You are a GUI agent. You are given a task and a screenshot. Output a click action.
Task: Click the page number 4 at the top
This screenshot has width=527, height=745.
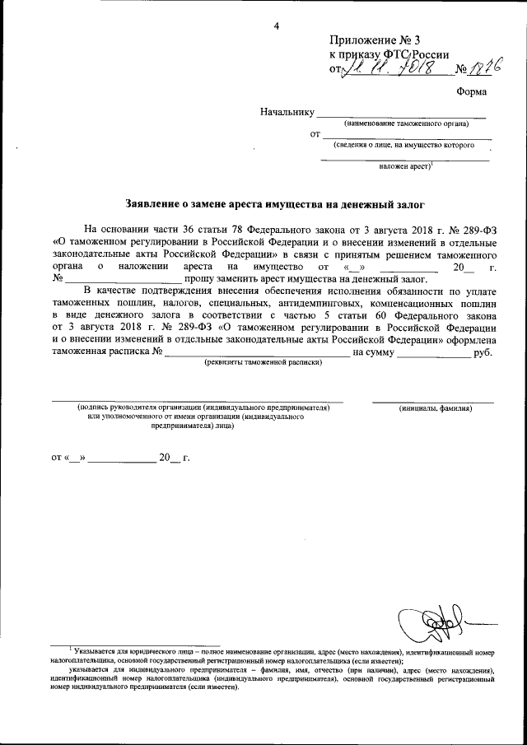277,26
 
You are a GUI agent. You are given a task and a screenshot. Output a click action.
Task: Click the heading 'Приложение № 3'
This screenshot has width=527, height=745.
374,40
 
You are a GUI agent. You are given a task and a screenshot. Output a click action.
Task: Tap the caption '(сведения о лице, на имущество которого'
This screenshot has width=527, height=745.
403,145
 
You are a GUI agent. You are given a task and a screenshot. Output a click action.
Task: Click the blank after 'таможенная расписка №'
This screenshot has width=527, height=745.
256,352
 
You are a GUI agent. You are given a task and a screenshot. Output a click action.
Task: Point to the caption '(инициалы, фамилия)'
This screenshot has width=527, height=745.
435,407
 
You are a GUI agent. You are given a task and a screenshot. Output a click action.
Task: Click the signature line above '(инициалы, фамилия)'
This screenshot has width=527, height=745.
433,400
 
